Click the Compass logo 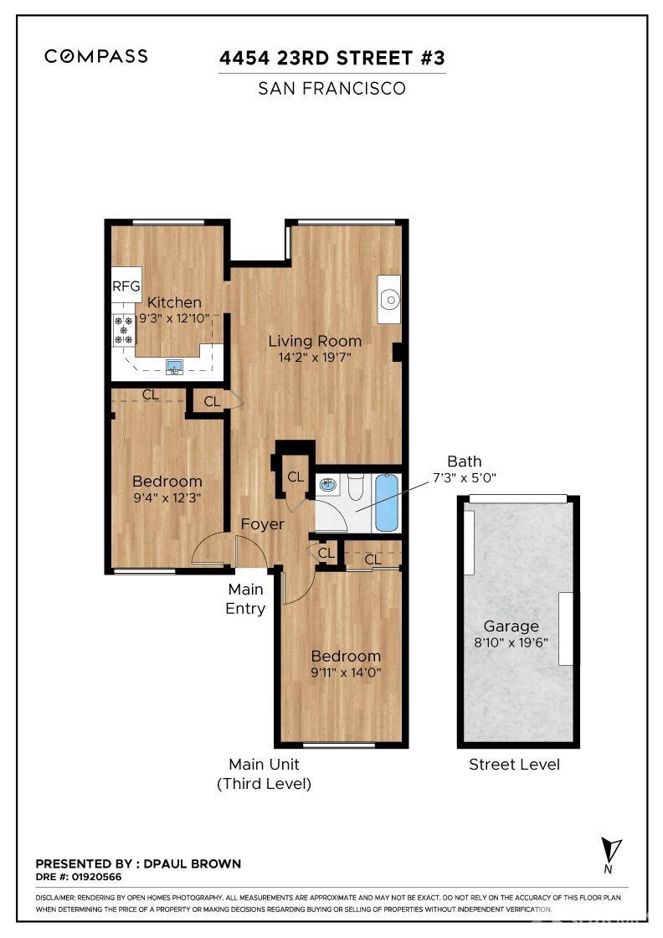coord(96,56)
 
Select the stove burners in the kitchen coord(124,331)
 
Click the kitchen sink coord(174,365)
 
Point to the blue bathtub coord(386,502)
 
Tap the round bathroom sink coord(328,484)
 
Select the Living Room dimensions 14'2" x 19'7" coord(315,357)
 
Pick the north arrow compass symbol coord(613,852)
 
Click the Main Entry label coord(245,599)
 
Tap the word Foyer coord(262,524)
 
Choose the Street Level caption coord(514,764)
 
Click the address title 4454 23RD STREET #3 coord(331,59)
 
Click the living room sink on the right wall coord(388,299)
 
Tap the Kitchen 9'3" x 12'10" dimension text coord(174,318)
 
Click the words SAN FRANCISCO coord(331,88)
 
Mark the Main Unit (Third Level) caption coord(264,774)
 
